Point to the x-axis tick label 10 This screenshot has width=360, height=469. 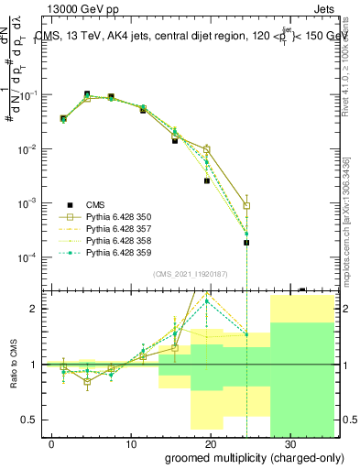click(130, 442)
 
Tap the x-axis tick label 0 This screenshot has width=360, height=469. click(51, 442)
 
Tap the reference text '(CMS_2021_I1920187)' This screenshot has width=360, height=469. click(190, 273)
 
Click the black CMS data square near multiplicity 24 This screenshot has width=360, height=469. click(246, 243)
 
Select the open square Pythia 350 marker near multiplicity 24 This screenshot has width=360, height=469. click(246, 206)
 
